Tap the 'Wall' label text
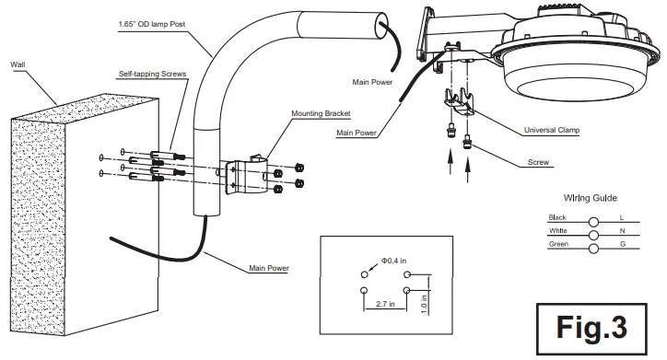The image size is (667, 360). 18,64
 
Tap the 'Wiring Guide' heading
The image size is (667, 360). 590,198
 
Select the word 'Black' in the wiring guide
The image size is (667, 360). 558,215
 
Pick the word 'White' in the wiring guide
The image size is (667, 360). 558,229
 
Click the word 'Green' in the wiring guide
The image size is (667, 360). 559,244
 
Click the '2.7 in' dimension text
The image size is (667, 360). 385,301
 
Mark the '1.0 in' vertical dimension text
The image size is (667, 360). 423,300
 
